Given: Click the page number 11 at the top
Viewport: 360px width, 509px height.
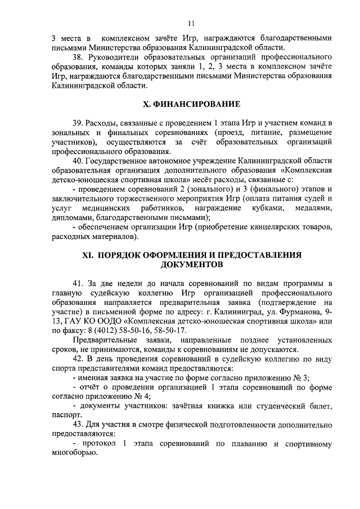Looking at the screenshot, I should tap(191, 23).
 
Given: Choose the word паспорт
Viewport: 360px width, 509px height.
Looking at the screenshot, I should tap(66, 415).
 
